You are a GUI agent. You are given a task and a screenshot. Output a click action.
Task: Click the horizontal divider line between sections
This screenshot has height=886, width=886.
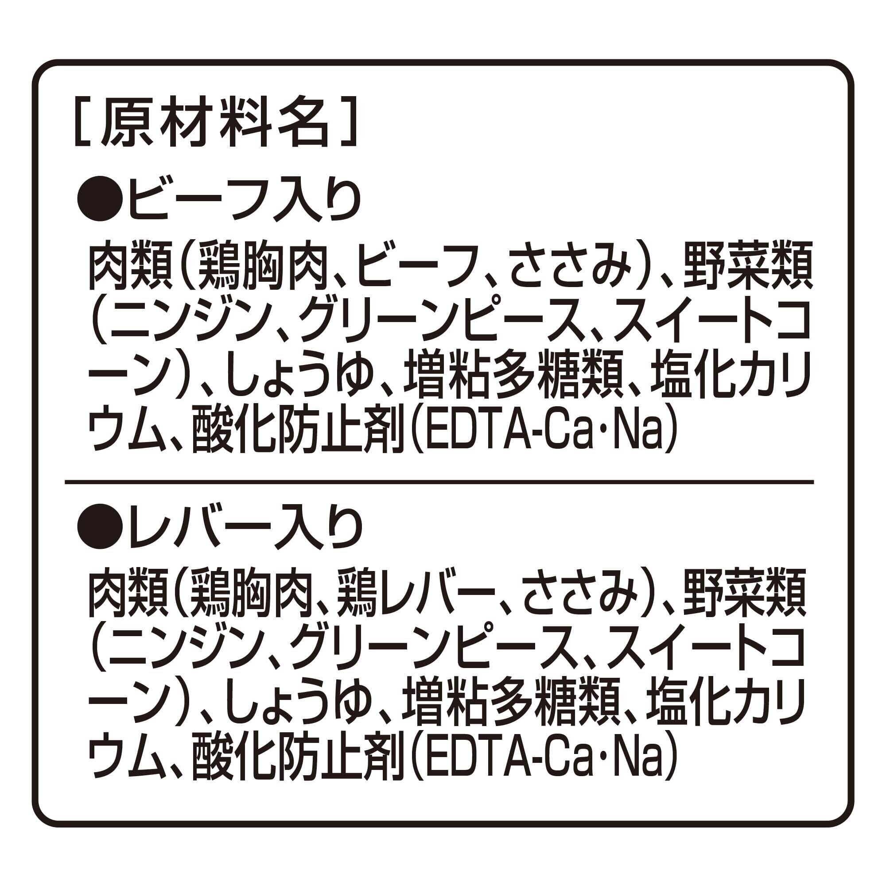coord(439,482)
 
